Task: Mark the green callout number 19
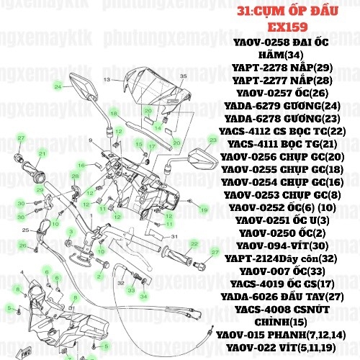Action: [x=204, y=210]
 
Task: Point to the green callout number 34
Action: [x=143, y=296]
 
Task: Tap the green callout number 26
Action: [x=22, y=246]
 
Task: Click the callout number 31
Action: [x=174, y=235]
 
